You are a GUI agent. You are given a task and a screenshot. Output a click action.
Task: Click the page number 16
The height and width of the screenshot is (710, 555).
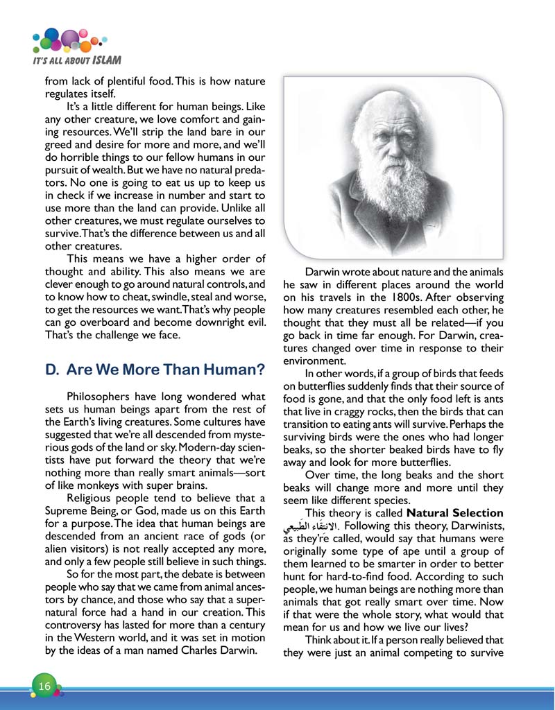pyautogui.click(x=44, y=686)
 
